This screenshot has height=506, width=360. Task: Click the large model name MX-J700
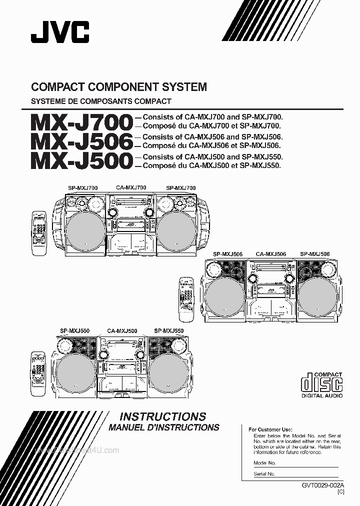pyautogui.click(x=82, y=122)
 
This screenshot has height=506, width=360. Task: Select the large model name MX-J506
pyautogui.click(x=82, y=141)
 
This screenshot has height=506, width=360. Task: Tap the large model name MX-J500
pyautogui.click(x=82, y=161)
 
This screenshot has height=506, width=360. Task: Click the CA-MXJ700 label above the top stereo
pyautogui.click(x=131, y=187)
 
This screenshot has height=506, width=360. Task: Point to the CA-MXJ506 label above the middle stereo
pyautogui.click(x=271, y=254)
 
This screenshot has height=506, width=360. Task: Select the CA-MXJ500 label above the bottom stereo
pyautogui.click(x=122, y=331)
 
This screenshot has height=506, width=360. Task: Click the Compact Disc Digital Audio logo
pyautogui.click(x=322, y=384)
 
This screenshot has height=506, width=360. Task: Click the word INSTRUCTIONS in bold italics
pyautogui.click(x=163, y=416)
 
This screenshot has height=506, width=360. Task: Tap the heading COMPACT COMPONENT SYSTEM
pyautogui.click(x=119, y=87)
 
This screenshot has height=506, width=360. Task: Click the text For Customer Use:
pyautogui.click(x=270, y=429)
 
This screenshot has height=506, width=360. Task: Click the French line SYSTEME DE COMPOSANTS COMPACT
pyautogui.click(x=101, y=101)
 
